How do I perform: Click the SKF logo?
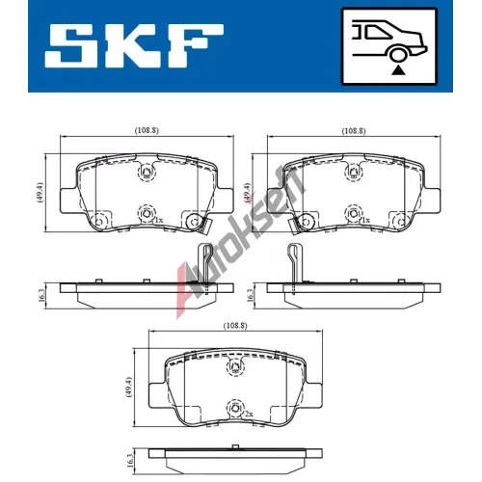click(134, 45)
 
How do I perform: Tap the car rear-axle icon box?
click(389, 46)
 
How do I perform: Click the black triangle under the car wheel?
click(398, 69)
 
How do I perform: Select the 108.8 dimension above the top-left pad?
click(147, 130)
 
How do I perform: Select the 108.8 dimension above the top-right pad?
click(354, 131)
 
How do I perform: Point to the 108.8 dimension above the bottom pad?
click(235, 326)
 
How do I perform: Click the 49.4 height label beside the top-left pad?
click(40, 193)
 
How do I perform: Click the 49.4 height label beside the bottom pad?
click(129, 388)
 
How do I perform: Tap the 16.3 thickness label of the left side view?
click(41, 296)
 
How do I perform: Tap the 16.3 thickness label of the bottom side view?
click(130, 461)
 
